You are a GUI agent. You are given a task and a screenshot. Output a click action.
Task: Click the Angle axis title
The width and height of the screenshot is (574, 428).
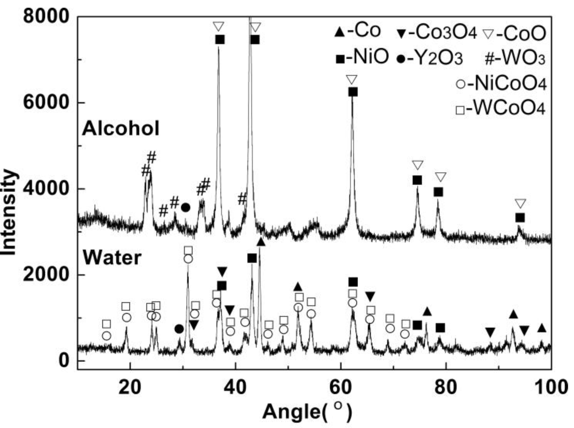coord(307,412)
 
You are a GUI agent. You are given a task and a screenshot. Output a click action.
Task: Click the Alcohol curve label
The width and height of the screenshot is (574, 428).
coord(121,129)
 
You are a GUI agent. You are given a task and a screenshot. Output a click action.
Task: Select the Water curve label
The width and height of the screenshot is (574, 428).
coord(112,258)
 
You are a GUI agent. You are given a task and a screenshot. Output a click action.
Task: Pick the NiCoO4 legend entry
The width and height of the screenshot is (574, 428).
coord(501,84)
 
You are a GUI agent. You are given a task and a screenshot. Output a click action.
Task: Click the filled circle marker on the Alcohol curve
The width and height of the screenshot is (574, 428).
coord(186,207)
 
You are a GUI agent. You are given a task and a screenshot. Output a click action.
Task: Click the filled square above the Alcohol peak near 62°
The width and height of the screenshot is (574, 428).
coord(353,92)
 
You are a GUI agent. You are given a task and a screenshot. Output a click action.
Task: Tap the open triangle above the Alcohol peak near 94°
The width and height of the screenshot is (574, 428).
coord(521,203)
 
